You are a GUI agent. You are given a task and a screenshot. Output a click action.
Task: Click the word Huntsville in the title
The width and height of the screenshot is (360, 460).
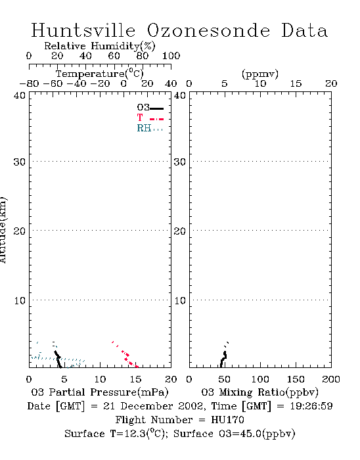[83, 30]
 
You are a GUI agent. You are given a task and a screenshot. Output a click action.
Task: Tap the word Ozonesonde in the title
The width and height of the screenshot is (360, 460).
[208, 30]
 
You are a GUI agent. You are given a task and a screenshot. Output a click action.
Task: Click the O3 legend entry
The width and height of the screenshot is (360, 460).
[150, 108]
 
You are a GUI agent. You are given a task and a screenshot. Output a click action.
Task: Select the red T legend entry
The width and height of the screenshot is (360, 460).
[150, 118]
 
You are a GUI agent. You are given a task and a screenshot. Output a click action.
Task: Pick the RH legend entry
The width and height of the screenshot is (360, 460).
[150, 128]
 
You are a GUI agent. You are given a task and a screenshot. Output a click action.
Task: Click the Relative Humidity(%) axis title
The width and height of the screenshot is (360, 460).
[100, 46]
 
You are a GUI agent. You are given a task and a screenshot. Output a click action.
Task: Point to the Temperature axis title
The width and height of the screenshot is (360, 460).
[100, 74]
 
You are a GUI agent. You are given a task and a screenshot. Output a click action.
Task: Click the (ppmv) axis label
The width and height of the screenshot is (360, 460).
[260, 74]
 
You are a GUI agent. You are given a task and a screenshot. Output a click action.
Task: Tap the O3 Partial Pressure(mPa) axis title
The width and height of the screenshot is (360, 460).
[100, 392]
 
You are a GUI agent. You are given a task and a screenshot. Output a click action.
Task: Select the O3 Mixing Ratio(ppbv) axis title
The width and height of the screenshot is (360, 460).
[259, 392]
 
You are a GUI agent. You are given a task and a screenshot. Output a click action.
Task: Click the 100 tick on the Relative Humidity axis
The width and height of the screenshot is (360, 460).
[171, 56]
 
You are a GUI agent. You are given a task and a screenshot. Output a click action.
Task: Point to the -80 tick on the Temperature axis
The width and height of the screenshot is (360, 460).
[29, 84]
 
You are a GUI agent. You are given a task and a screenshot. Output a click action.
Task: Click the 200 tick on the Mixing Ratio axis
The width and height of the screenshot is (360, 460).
[331, 379]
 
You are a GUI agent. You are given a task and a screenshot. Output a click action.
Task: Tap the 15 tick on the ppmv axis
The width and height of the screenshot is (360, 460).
[296, 84]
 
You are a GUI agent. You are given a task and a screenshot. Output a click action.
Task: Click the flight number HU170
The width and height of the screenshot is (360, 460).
[227, 420]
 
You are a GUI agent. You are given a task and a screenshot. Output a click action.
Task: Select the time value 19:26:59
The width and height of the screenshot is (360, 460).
[311, 406]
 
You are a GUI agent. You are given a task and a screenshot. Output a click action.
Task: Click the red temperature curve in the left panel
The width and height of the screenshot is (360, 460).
[125, 355]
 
